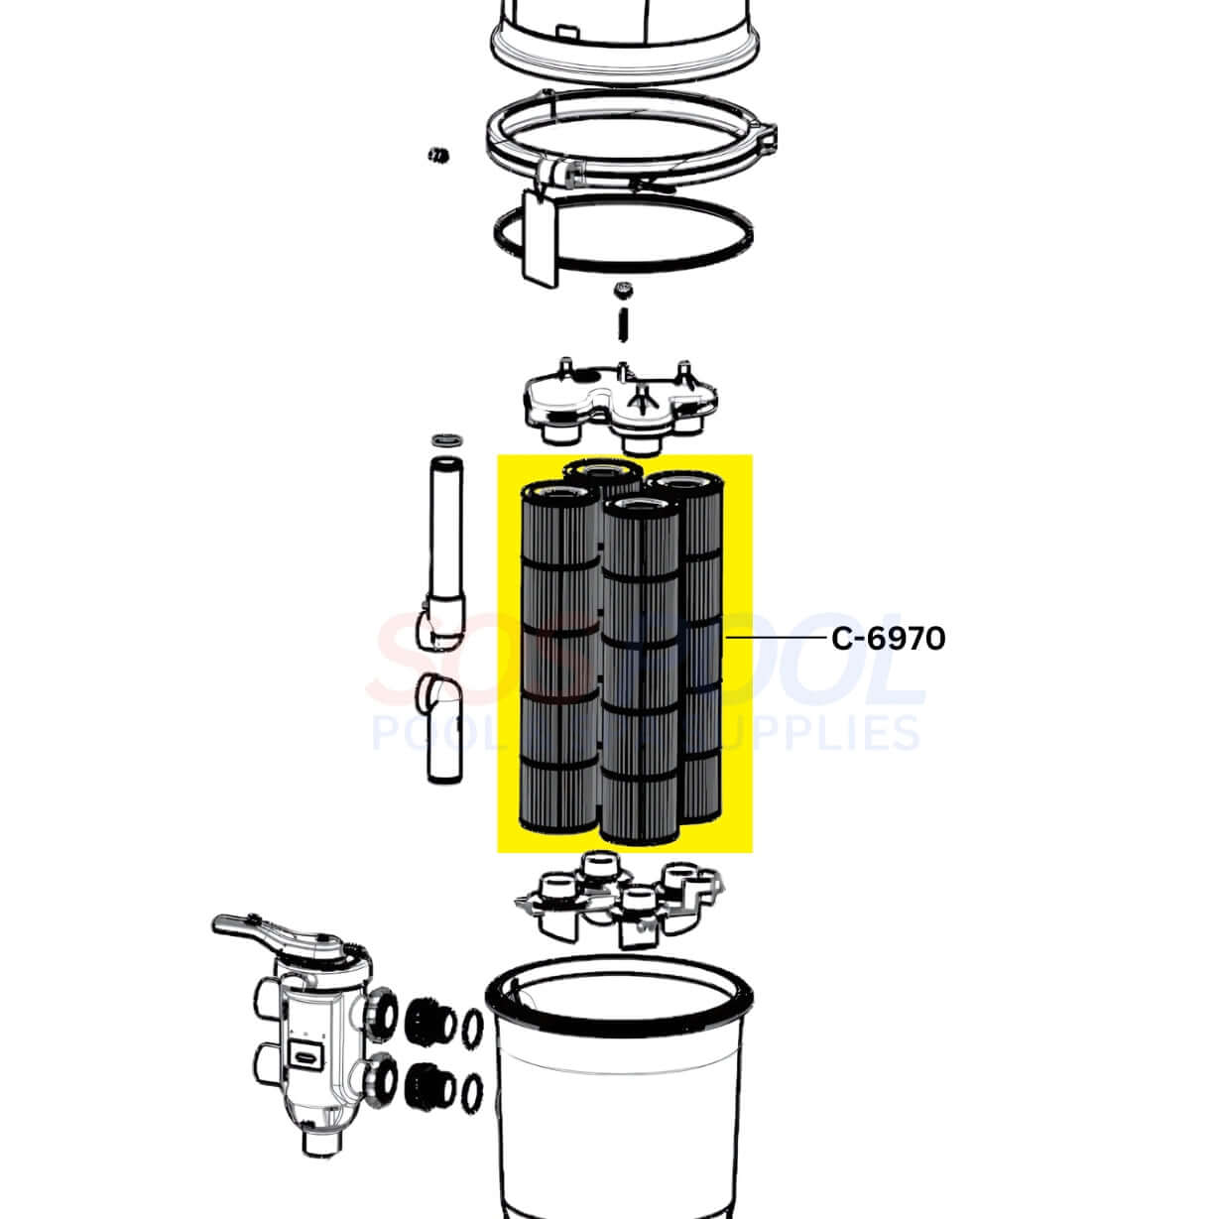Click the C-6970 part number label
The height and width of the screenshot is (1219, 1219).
point(888,638)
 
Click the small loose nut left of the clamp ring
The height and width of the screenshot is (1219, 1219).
point(434,154)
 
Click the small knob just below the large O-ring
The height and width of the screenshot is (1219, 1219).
point(624,290)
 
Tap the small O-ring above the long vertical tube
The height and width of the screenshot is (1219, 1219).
point(442,439)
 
